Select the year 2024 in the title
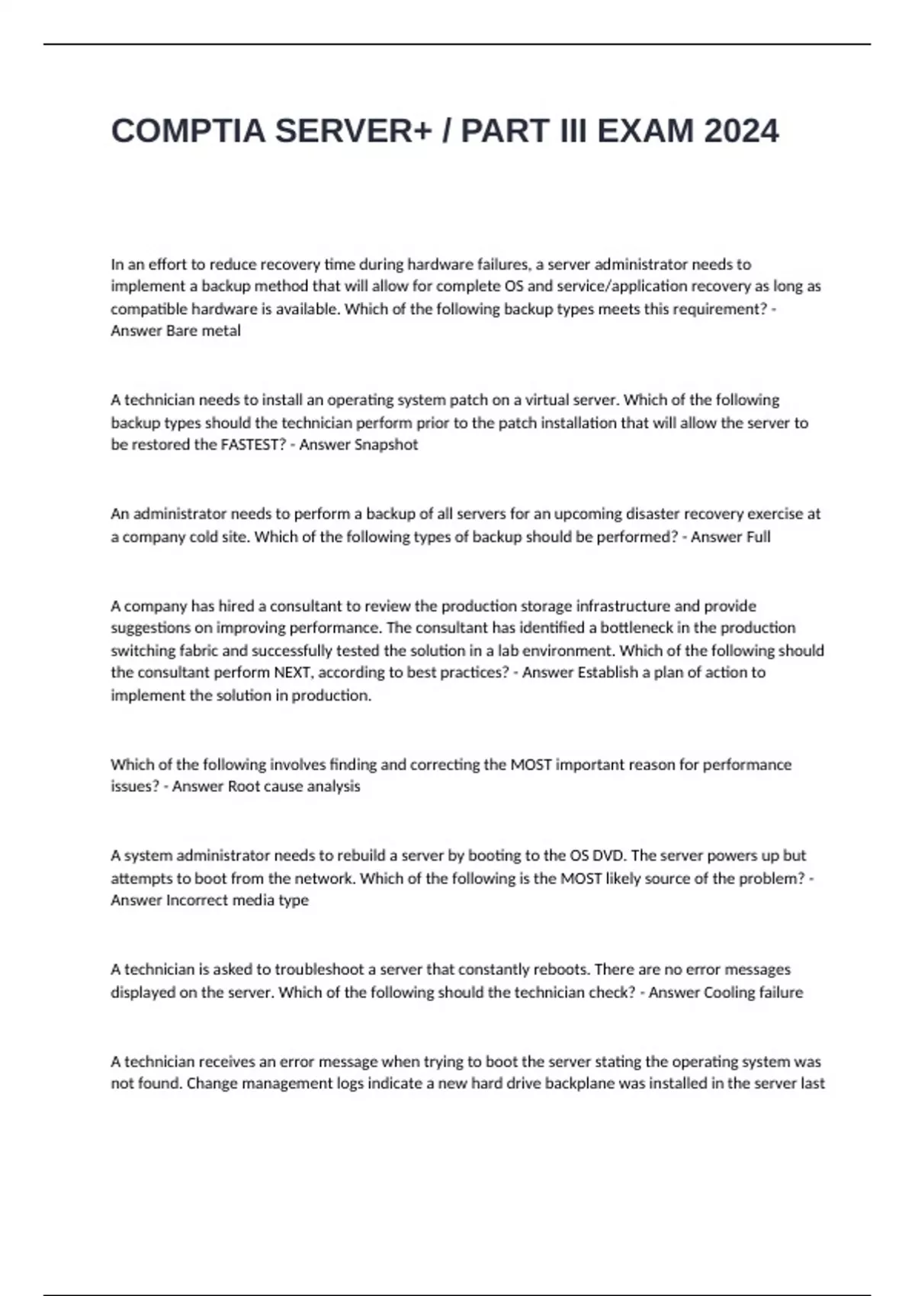tap(741, 131)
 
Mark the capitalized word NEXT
tap(293, 672)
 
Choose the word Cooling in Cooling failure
tap(730, 993)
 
